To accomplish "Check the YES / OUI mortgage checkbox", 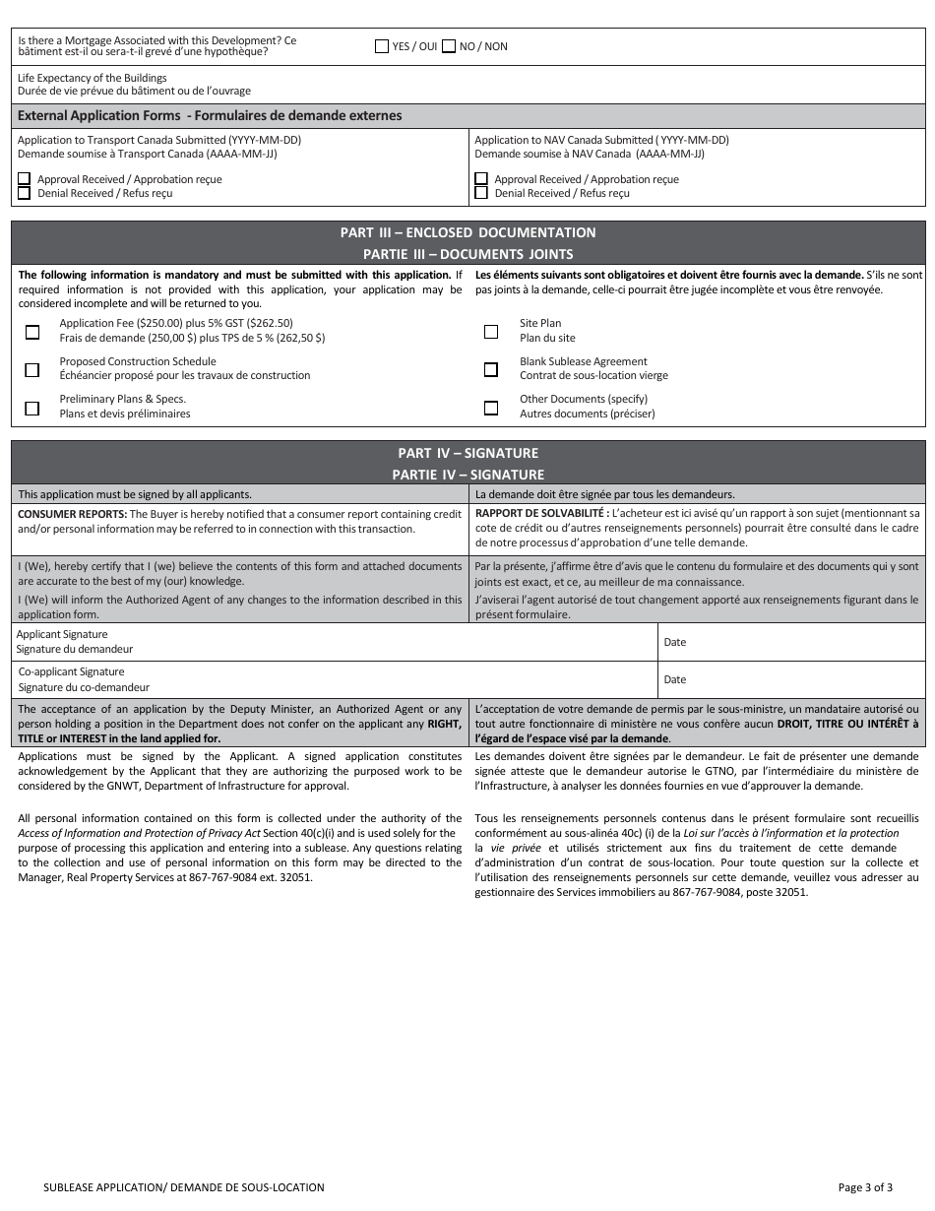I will point(382,46).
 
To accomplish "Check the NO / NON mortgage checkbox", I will point(449,46).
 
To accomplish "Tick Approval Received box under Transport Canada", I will point(24,179).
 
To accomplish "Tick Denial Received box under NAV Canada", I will point(481,193).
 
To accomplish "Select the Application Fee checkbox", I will point(32,332).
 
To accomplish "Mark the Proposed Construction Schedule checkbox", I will point(32,369).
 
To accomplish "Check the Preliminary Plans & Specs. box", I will point(32,408).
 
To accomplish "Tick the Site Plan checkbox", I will point(491,332).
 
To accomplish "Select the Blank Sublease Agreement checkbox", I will point(491,369).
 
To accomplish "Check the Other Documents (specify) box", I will point(491,408).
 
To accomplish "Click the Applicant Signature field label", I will point(62,635).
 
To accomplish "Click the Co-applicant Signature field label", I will point(72,672).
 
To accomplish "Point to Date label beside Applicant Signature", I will point(675,643).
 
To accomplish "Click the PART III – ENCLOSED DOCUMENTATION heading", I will point(467,233).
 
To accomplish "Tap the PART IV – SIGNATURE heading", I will point(467,454).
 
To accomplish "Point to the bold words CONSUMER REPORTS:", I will point(73,514).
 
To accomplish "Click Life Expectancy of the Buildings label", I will point(93,78).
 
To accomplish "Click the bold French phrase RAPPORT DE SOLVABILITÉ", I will point(539,514).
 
